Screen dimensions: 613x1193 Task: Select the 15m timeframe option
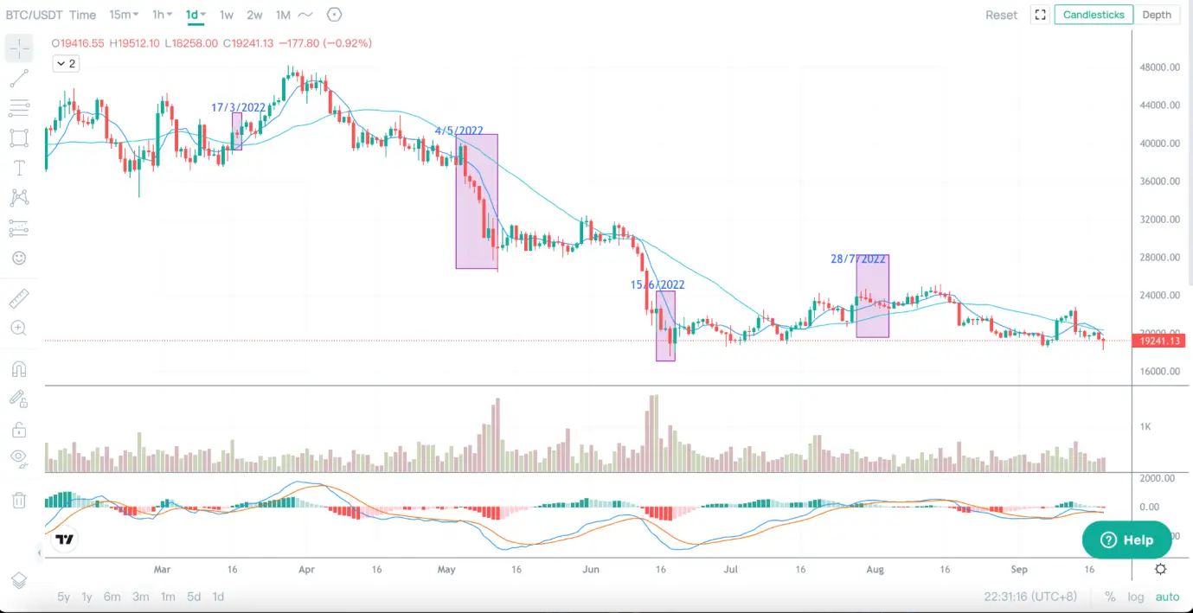[124, 15]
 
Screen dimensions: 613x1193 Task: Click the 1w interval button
[226, 15]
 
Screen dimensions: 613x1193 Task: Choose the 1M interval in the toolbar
[283, 15]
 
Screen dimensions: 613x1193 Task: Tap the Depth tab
[1157, 15]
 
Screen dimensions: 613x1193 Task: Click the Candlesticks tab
[1094, 15]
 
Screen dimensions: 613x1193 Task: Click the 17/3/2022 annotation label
[238, 108]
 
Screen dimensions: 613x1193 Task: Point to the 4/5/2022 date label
[459, 131]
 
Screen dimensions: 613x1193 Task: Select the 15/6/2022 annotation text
[657, 284]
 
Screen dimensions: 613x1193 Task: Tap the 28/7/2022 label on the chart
[858, 259]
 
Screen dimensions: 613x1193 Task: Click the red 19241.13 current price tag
[1159, 342]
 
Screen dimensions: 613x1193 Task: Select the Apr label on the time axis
[305, 570]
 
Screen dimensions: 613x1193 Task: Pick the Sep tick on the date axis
[1019, 570]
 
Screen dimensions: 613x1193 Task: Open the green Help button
[1126, 540]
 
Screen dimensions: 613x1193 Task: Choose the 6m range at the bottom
[112, 597]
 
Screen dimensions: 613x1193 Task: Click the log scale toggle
[1135, 597]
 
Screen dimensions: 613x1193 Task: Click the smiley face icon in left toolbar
[19, 258]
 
